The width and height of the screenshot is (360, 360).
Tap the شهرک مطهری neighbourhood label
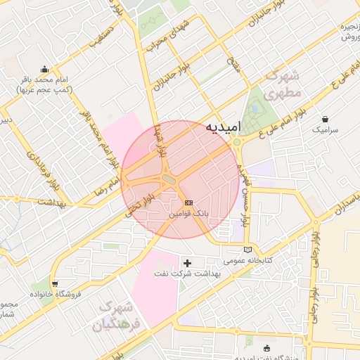[284, 84]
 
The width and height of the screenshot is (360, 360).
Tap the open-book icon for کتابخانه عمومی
[246, 249]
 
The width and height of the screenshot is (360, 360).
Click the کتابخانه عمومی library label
[247, 260]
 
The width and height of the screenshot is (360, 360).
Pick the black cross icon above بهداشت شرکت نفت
[187, 263]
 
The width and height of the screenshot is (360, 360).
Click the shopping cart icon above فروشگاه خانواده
[55, 283]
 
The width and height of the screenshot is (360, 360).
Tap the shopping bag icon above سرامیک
[324, 119]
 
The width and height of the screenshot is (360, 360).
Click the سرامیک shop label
[325, 130]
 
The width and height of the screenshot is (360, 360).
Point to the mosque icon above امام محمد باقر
[46, 69]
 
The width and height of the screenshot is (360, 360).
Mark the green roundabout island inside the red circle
[169, 181]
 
